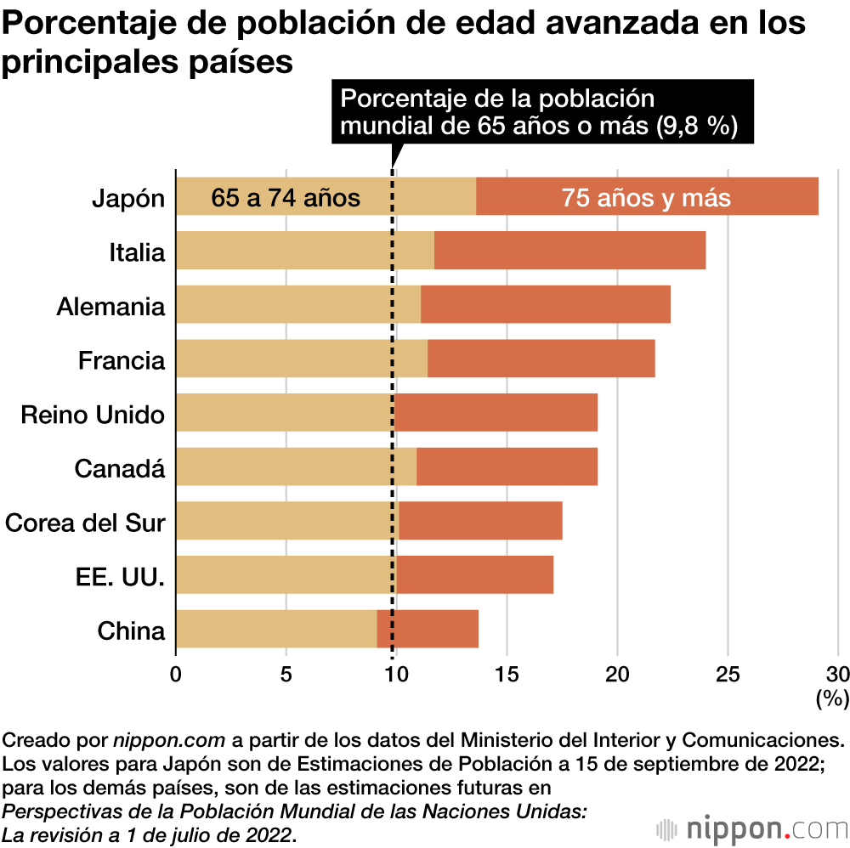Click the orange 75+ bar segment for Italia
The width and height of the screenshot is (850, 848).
coord(569,251)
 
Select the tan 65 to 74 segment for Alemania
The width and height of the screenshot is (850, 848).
coord(297,304)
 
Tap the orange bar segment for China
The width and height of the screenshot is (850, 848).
coord(433,629)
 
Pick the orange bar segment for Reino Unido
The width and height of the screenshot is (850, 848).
coord(495,413)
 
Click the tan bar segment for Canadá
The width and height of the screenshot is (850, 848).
coord(296,466)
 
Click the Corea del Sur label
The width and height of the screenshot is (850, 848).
coord(85,522)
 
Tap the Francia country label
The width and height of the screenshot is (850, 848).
coord(122,360)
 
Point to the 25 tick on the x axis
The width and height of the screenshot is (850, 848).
coord(728,675)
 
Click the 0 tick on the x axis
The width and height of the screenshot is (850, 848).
coord(176,675)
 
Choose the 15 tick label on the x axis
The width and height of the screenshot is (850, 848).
coord(507,675)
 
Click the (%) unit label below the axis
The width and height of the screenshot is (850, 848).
coord(832,698)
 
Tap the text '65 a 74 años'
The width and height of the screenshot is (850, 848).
coord(286,198)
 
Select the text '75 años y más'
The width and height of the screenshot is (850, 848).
coord(646,198)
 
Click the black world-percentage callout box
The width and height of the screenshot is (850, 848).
coord(541,111)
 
